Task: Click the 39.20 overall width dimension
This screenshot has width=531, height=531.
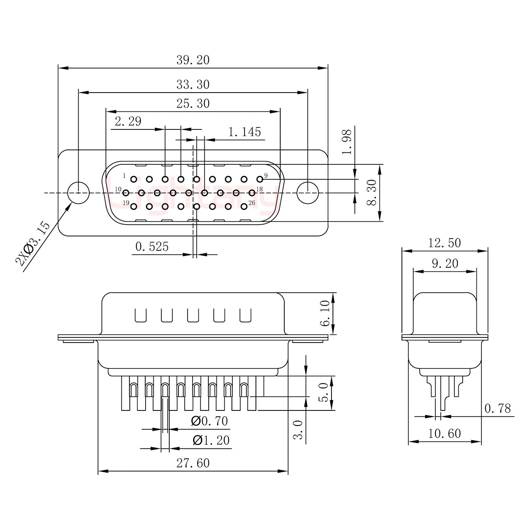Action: coord(192,60)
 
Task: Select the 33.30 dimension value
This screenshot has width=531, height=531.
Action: coord(192,85)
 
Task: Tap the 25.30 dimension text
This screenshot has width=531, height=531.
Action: coord(192,104)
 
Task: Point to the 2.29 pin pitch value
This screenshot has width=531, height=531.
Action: coord(128,121)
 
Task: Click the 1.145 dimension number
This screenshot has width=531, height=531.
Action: coord(244,132)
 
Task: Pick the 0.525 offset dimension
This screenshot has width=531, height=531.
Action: coord(152,246)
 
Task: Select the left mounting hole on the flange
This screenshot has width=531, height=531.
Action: coord(79,192)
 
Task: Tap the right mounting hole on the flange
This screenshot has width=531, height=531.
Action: coord(308,192)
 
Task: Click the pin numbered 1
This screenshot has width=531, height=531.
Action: coord(133,180)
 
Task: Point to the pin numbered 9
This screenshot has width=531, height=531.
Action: coord(260,179)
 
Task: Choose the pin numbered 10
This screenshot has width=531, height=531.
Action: coord(126,192)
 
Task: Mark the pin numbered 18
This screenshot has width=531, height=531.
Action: coord(252,192)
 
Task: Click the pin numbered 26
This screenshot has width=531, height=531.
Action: coord(244,206)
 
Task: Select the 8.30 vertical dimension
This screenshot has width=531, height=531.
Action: coord(372,192)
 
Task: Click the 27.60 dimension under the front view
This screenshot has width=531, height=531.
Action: coord(192,463)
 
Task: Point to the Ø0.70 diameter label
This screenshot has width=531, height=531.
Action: coord(209,421)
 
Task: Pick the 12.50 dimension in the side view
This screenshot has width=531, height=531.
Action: coord(444,243)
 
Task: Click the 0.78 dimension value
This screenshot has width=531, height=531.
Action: coord(497,409)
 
